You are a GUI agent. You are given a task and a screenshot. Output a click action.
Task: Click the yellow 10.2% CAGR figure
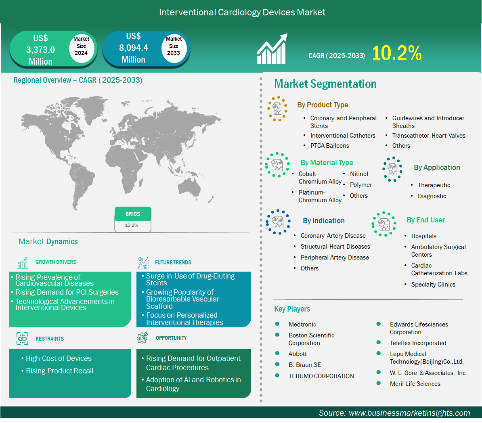pyautogui.click(x=396, y=53)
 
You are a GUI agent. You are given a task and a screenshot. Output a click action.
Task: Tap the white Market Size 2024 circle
pyautogui.click(x=81, y=46)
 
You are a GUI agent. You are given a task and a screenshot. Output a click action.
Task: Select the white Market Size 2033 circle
pyautogui.click(x=174, y=46)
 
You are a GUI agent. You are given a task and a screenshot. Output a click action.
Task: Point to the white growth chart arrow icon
pyautogui.click(x=272, y=49)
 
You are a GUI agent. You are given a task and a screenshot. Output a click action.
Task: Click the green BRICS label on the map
pyautogui.click(x=133, y=214)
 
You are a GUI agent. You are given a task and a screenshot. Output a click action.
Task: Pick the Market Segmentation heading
pyautogui.click(x=325, y=84)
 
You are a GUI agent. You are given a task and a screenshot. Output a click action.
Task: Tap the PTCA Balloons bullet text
pyautogui.click(x=329, y=146)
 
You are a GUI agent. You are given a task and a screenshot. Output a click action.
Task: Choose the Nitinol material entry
pyautogui.click(x=359, y=174)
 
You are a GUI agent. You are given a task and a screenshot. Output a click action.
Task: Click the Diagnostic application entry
pyautogui.click(x=432, y=196)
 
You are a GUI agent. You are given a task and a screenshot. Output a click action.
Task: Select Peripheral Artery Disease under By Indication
pyautogui.click(x=334, y=258)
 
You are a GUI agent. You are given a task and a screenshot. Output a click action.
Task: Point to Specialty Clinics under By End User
pyautogui.click(x=433, y=285)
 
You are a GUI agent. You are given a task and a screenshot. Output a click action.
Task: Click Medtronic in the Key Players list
pyautogui.click(x=302, y=325)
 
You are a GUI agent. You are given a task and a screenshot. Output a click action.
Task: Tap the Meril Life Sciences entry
pyautogui.click(x=415, y=384)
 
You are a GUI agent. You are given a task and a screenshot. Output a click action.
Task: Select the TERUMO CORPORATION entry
pyautogui.click(x=321, y=376)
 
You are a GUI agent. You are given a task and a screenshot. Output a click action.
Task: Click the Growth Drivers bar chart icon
pyautogui.click(x=23, y=263)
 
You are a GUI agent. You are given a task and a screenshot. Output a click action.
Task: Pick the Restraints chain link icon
pyautogui.click(x=23, y=339)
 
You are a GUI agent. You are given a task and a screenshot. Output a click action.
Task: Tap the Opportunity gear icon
pyautogui.click(x=143, y=338)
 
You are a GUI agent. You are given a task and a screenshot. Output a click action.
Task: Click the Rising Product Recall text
pyautogui.click(x=59, y=371)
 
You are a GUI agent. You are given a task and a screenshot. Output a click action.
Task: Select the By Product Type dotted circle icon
pyautogui.click(x=277, y=109)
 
